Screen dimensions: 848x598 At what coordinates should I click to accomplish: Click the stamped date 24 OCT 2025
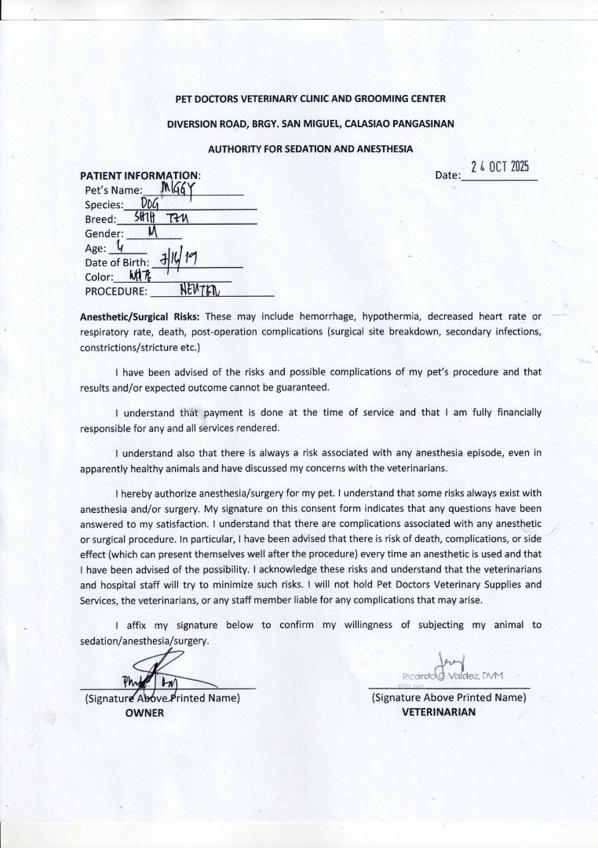[x=500, y=166]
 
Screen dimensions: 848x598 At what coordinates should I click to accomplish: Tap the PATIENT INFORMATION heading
[x=140, y=175]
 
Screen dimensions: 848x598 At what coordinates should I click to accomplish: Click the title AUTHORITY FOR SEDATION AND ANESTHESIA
[x=310, y=148]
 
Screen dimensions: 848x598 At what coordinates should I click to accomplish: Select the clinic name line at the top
[x=310, y=99]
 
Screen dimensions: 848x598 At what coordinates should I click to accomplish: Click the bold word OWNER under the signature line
[x=145, y=713]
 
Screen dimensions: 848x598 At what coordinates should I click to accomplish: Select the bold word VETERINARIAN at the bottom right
[x=439, y=712]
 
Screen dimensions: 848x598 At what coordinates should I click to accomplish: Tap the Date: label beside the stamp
[x=447, y=175]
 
